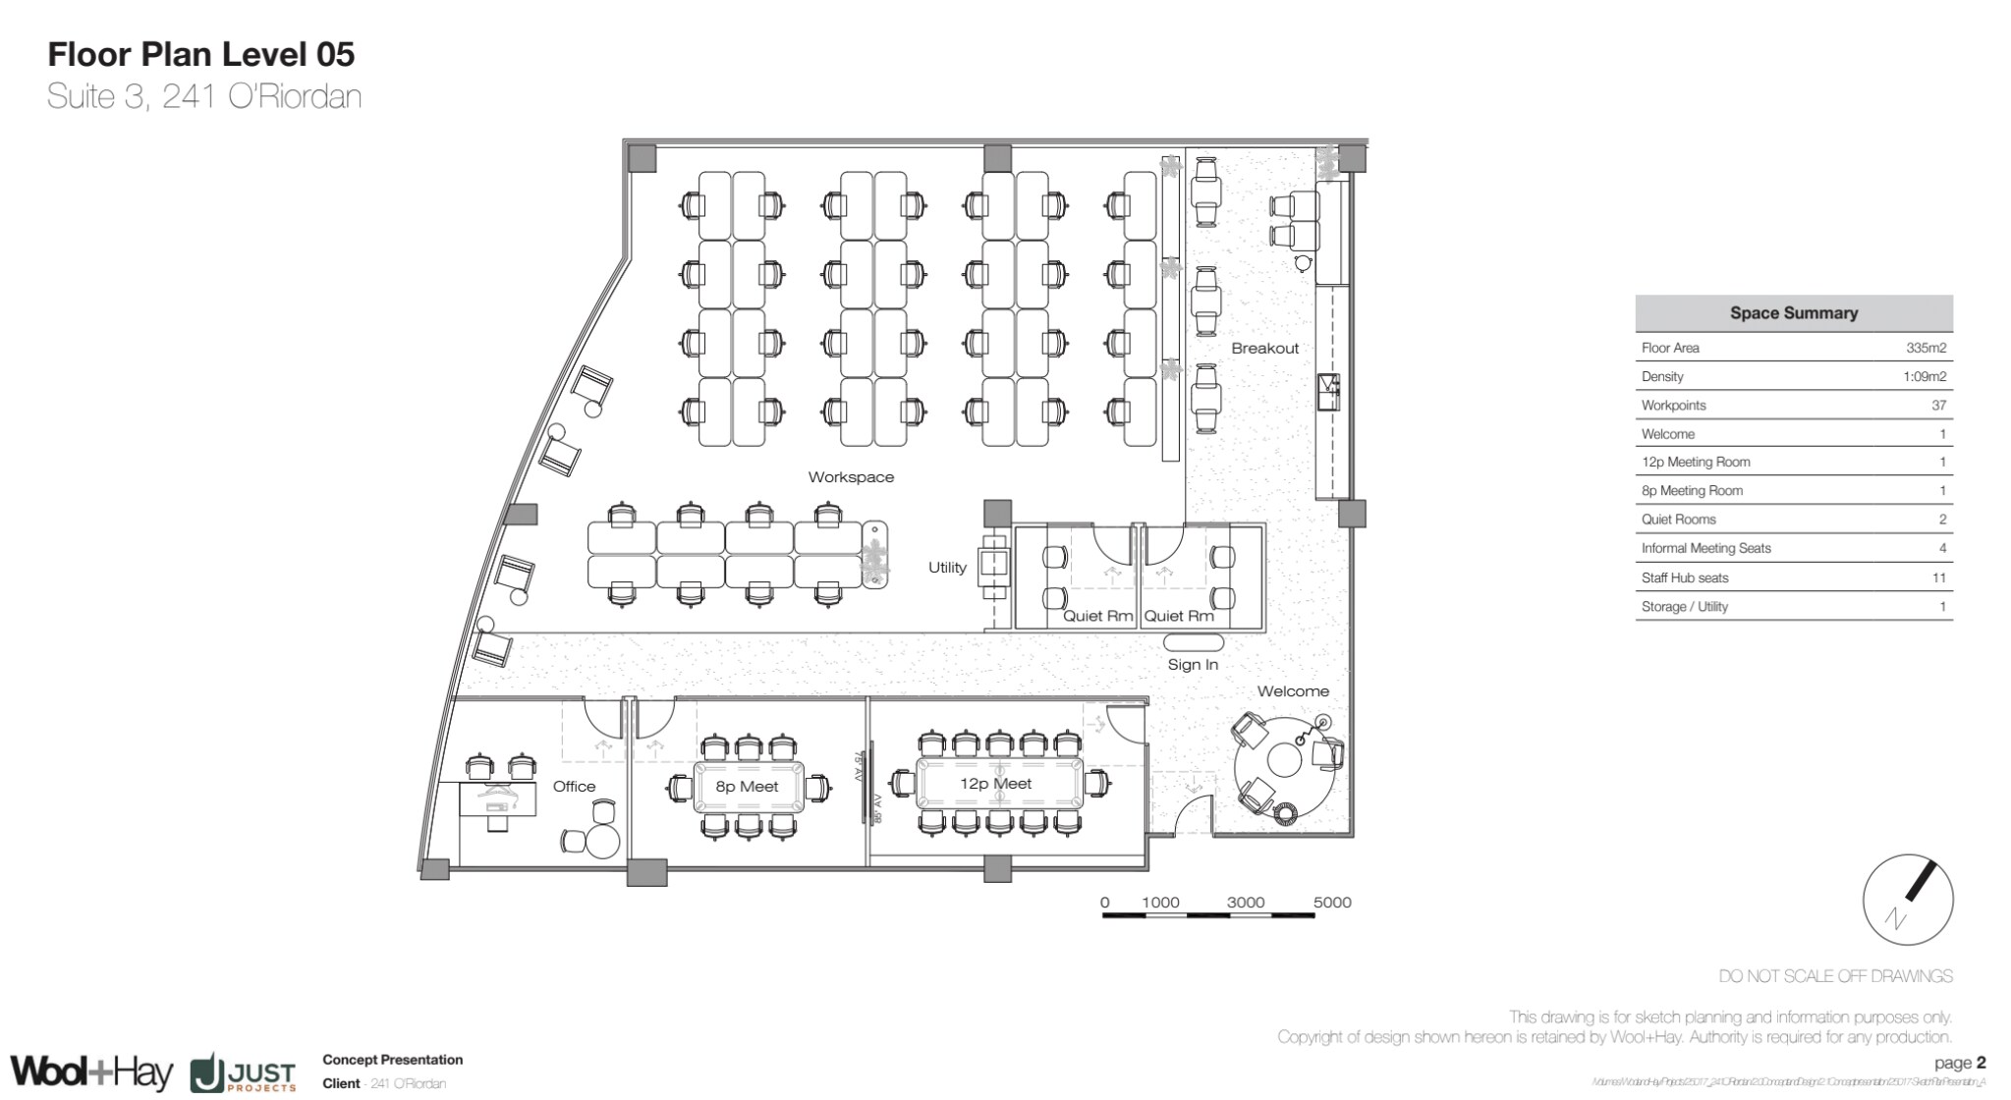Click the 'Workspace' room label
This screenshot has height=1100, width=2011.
pyautogui.click(x=851, y=477)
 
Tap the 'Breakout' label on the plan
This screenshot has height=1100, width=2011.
pyautogui.click(x=1264, y=349)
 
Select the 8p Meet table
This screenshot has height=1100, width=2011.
pyautogui.click(x=748, y=787)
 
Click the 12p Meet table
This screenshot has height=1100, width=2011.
pyautogui.click(x=998, y=784)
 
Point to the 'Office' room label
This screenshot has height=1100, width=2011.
pyautogui.click(x=574, y=787)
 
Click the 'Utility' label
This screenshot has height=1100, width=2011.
pyautogui.click(x=947, y=568)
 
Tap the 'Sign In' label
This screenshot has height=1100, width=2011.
pyautogui.click(x=1193, y=665)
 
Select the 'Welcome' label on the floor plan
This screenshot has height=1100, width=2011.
pyautogui.click(x=1293, y=691)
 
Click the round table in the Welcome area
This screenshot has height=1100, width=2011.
pyautogui.click(x=1284, y=761)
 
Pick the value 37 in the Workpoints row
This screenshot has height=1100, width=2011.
pyautogui.click(x=1937, y=406)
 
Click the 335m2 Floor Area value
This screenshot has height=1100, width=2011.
pyautogui.click(x=1926, y=348)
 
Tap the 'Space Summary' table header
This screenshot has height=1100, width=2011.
pyautogui.click(x=1793, y=313)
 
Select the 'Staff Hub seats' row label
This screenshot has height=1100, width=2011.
pyautogui.click(x=1684, y=578)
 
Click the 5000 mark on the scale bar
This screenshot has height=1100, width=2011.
pyautogui.click(x=1331, y=903)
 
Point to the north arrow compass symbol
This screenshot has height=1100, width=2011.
pyautogui.click(x=1907, y=899)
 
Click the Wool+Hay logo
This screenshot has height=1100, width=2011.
pyautogui.click(x=91, y=1072)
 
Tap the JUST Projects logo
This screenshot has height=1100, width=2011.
pyautogui.click(x=244, y=1073)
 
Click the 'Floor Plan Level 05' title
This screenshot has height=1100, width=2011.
pyautogui.click(x=201, y=54)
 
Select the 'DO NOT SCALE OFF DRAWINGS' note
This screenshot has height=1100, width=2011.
pyautogui.click(x=1835, y=976)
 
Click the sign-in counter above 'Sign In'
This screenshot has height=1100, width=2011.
pyautogui.click(x=1194, y=643)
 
